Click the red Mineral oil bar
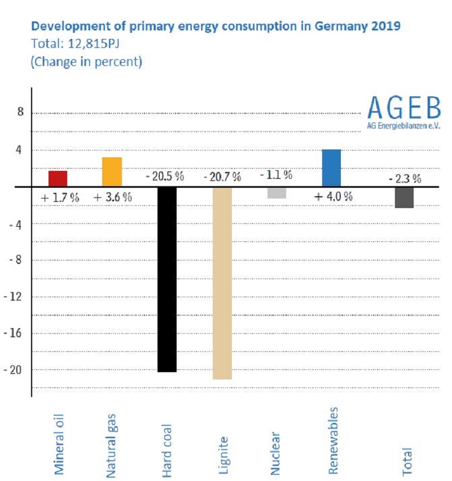tap(58, 178)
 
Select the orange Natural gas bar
tap(112, 172)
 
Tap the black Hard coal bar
tap(166, 279)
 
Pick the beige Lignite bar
tap(222, 283)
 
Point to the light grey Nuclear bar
tap(277, 192)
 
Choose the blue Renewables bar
tap(331, 168)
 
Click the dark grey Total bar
tap(405, 197)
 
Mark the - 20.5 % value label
tap(165, 176)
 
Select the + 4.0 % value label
tap(333, 197)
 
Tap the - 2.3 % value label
tap(405, 179)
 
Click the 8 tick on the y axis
tap(21, 113)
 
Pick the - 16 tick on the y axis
tap(15, 333)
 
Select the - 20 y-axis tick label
tap(15, 369)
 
